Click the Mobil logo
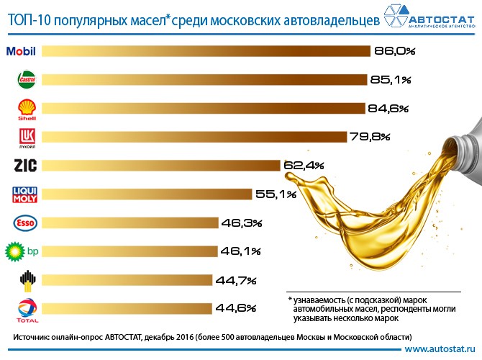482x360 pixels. click(x=21, y=51)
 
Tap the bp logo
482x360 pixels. click(x=22, y=251)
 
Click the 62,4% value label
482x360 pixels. click(x=304, y=166)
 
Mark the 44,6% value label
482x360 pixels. click(x=236, y=309)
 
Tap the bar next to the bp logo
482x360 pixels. click(x=129, y=251)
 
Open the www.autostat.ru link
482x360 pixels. click(x=439, y=349)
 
